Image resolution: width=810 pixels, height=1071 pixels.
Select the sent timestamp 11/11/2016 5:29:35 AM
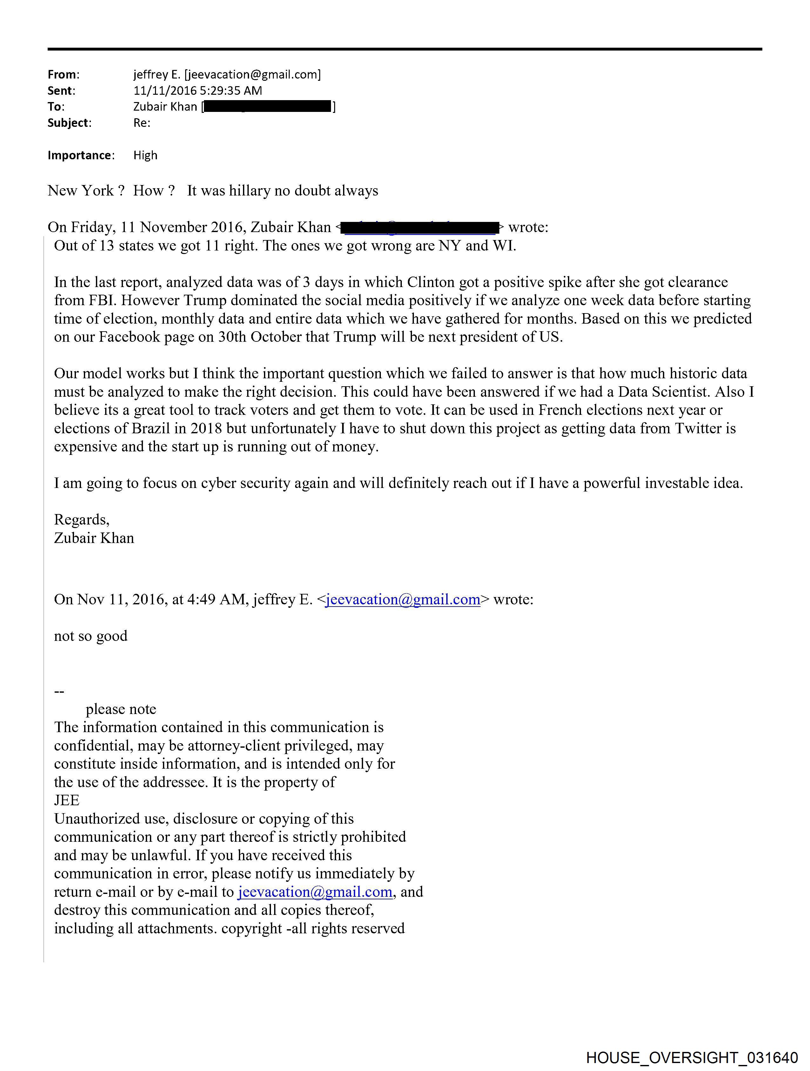[x=198, y=91]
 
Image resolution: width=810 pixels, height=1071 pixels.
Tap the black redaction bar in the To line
[x=267, y=106]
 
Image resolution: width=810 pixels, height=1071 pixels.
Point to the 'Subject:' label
[x=69, y=123]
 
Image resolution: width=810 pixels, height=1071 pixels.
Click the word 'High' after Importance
[x=145, y=155]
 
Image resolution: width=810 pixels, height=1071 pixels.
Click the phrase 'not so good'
[x=91, y=636]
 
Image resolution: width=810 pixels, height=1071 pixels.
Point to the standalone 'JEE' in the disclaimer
[x=67, y=801]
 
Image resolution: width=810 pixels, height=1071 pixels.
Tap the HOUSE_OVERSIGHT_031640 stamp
[x=692, y=1057]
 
